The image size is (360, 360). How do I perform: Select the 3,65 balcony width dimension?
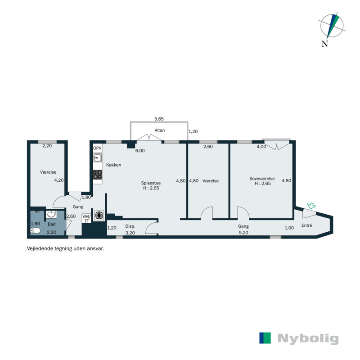[x=159, y=119]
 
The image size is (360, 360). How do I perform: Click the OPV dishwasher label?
[x=97, y=148]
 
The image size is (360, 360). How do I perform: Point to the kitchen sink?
[x=97, y=157]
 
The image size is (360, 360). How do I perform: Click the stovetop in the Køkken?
[x=97, y=175]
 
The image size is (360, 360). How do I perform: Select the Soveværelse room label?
[x=262, y=179]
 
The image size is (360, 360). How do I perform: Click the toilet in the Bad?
[x=36, y=230]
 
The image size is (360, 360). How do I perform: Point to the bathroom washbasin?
[x=51, y=214]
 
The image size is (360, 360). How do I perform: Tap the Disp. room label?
[x=130, y=226]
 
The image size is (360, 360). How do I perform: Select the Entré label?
[x=306, y=225]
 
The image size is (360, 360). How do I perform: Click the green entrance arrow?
[x=310, y=206]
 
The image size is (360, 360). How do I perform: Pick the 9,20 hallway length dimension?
[x=243, y=233]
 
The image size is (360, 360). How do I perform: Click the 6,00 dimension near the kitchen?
[x=140, y=151]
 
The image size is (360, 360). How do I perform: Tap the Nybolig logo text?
[x=308, y=338]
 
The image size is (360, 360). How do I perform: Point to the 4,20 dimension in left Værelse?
[x=58, y=180]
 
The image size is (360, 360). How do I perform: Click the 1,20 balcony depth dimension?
[x=193, y=132]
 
